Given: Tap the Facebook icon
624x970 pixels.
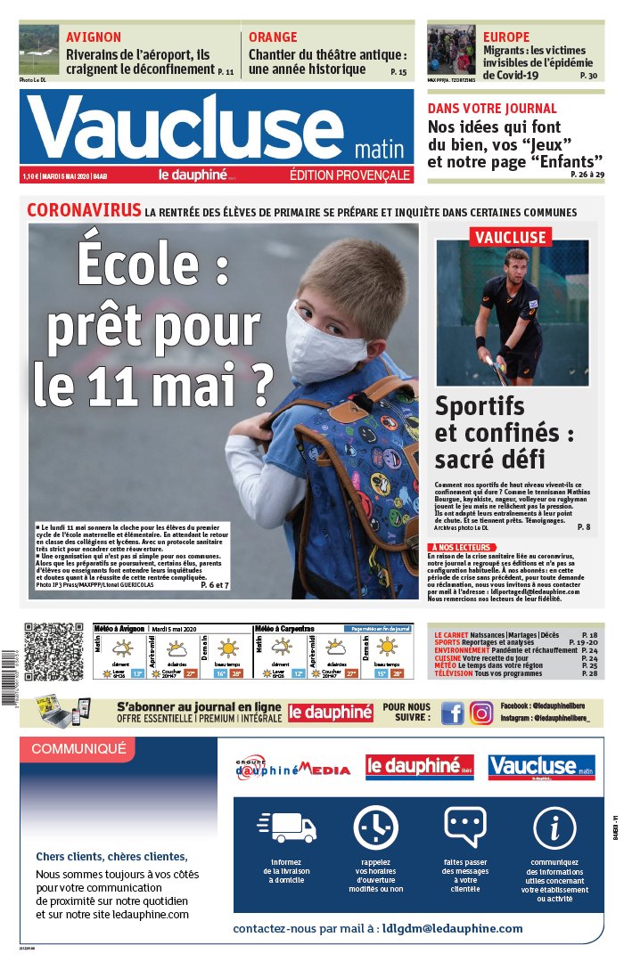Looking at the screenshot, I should [453, 713].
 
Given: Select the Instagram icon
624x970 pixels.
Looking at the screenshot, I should [481, 713].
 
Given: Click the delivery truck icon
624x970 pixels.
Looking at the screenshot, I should [286, 827].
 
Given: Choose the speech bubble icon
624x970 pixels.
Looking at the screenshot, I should [464, 827].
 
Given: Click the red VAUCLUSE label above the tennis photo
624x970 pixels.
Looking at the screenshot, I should [510, 237].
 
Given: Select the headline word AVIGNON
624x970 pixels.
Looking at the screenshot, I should [94, 37].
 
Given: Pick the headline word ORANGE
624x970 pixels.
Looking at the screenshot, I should [273, 37].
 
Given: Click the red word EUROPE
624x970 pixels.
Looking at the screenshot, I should [506, 37].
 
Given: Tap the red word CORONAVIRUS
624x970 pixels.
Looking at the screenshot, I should [84, 211].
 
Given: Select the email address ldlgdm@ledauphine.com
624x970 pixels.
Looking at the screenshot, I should [452, 928].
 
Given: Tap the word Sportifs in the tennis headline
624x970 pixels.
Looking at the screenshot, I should [480, 407].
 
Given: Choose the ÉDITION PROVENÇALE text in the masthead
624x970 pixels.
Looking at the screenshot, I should [349, 175].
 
